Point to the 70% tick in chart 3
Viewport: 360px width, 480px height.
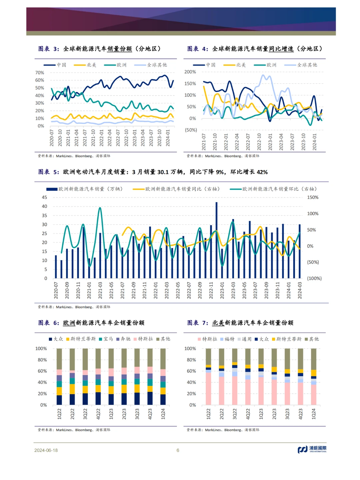tap(40, 73)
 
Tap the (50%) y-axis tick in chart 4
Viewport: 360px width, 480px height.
tap(191, 130)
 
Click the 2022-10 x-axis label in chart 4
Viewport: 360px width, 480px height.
tap(259, 142)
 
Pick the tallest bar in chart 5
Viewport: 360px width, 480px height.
tap(217, 240)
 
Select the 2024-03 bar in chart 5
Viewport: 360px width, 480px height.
tap(300, 251)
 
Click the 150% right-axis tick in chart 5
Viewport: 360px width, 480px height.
tap(313, 197)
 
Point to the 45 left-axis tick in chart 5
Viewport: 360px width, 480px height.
tap(44, 197)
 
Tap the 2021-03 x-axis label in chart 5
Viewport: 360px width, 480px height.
tap(100, 290)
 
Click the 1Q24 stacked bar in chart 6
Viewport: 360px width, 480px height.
tap(163, 377)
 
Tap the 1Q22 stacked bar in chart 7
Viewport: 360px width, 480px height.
tap(208, 377)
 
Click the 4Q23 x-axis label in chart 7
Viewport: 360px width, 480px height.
tap(300, 414)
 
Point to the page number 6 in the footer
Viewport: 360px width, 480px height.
tap(178, 450)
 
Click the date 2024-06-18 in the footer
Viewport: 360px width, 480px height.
tap(46, 450)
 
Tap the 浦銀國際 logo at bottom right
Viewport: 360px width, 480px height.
tap(312, 449)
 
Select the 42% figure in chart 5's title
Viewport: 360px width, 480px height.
tap(262, 172)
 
